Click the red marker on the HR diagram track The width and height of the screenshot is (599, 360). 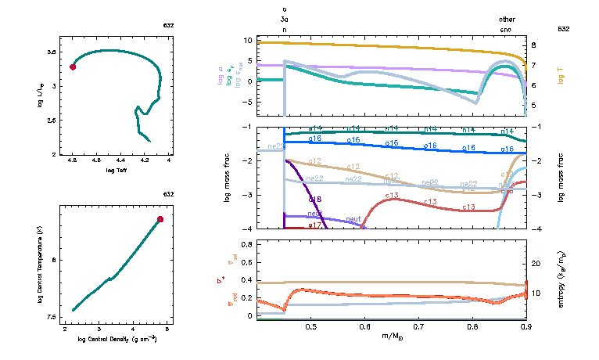tap(73, 67)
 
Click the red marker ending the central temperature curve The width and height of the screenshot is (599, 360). tap(160, 219)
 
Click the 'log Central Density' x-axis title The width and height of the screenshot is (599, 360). tap(117, 340)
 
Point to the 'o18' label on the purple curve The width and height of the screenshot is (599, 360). tap(315, 200)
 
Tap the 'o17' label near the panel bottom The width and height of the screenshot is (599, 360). tap(315, 225)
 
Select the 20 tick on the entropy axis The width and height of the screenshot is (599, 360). tap(531, 265)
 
